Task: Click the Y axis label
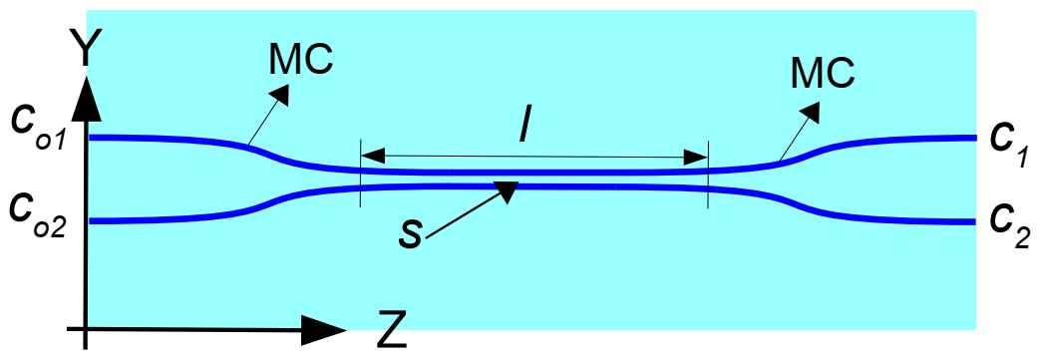coord(89,45)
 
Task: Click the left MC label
coord(301,62)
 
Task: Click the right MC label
coord(823,71)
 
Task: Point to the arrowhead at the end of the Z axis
coord(324,328)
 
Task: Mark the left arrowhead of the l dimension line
coord(372,156)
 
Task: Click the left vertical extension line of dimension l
coord(360,175)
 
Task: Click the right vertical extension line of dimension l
coord(707,175)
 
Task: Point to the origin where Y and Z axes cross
coord(89,328)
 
